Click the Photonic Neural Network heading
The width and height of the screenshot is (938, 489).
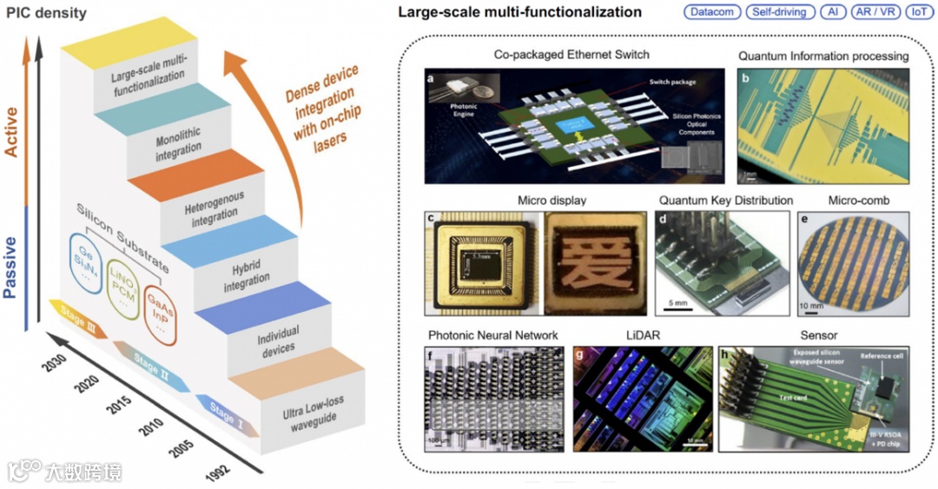point(493,335)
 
